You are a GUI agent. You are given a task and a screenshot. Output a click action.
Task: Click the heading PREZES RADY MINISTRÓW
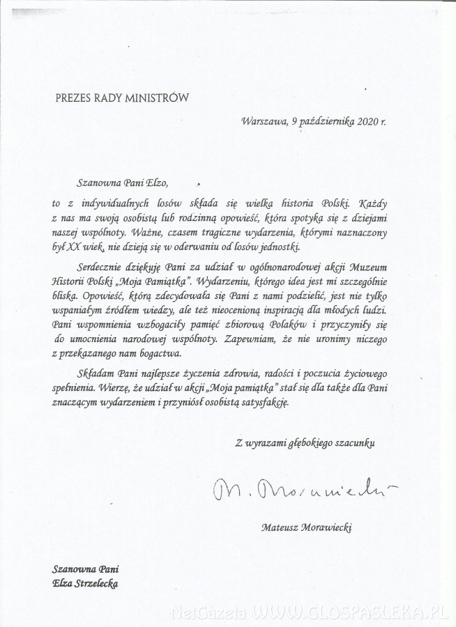pyautogui.click(x=122, y=98)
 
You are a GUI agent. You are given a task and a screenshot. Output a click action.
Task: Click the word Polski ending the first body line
pyautogui.click(x=340, y=205)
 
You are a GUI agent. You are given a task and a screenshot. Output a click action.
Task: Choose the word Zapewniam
pyautogui.click(x=259, y=340)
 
